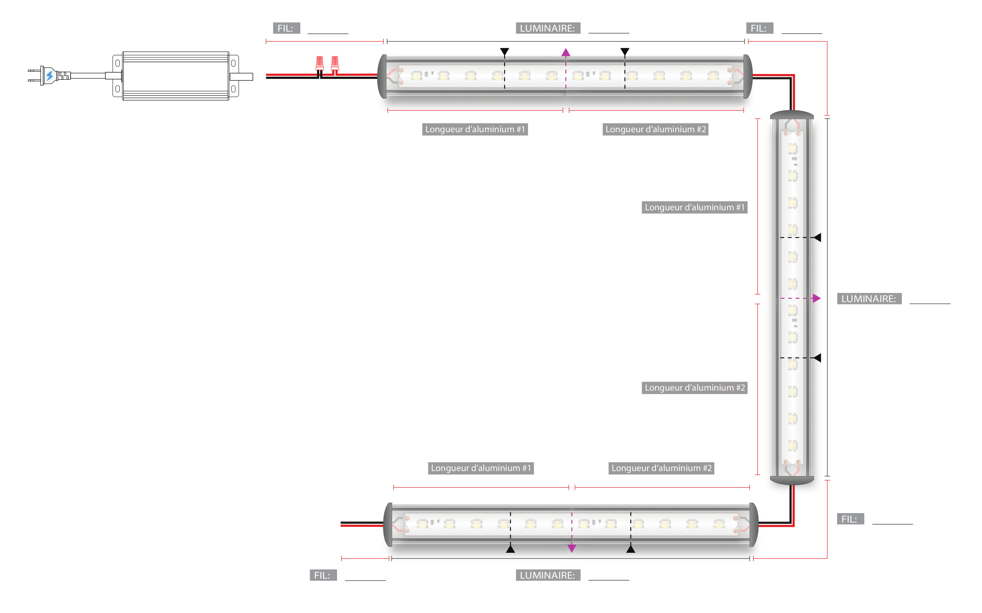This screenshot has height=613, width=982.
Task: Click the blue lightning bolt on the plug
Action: [x=49, y=75]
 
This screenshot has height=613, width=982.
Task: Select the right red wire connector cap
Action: [x=335, y=63]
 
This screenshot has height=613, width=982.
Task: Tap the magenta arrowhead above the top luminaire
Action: [x=566, y=52]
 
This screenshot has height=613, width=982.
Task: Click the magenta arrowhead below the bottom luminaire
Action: [x=571, y=548]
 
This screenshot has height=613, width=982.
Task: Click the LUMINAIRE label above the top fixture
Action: [x=547, y=28]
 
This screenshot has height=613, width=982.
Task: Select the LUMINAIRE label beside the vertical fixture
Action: [x=869, y=299]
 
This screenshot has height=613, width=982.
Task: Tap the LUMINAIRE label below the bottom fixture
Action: [x=547, y=575]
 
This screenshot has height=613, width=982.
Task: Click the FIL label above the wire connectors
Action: [x=286, y=28]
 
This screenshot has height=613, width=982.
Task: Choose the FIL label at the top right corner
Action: [x=759, y=28]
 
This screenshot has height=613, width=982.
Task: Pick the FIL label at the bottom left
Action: [x=323, y=575]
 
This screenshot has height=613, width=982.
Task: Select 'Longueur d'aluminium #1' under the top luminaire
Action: [x=475, y=129]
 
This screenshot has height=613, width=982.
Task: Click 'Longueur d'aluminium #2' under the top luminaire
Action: [x=655, y=129]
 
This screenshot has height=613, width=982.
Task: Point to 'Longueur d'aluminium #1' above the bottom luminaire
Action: [x=481, y=468]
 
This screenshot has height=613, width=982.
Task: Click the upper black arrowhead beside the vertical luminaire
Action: [x=818, y=238]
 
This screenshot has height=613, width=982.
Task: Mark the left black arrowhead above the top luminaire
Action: [x=504, y=51]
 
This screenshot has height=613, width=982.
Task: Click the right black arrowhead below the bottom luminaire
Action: [x=631, y=549]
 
